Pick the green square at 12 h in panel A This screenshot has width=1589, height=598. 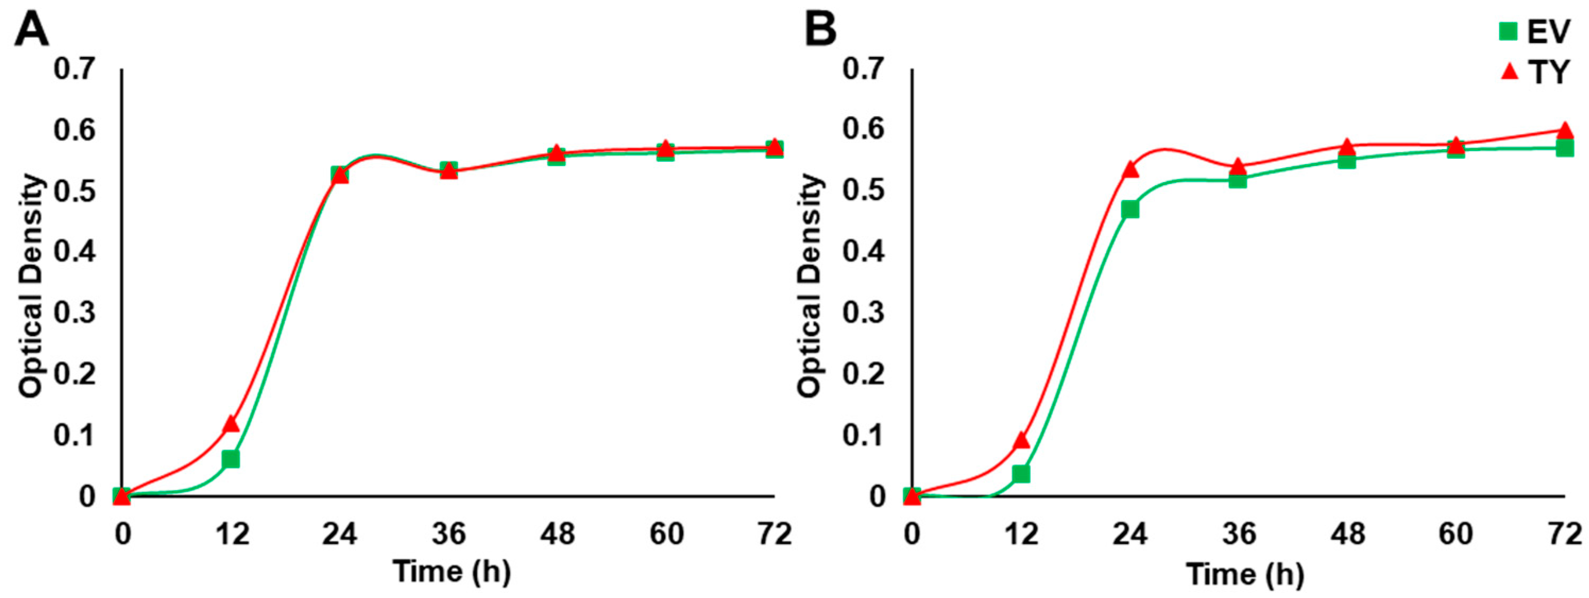[x=230, y=460]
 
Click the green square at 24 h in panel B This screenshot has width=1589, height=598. [x=1130, y=210]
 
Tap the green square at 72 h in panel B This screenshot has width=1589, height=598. [x=1565, y=148]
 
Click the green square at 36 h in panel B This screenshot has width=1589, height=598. [x=1237, y=180]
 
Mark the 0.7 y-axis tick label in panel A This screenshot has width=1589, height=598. [x=75, y=69]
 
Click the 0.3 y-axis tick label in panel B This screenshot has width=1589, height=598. [x=864, y=313]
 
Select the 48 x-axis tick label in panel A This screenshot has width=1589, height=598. [x=557, y=534]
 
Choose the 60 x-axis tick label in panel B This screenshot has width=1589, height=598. [x=1456, y=534]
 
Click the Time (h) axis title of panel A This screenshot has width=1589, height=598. [x=452, y=571]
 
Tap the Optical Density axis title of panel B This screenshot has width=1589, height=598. [x=810, y=285]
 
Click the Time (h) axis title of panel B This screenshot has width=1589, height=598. [x=1245, y=574]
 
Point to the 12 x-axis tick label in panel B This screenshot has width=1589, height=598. [x=1021, y=534]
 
